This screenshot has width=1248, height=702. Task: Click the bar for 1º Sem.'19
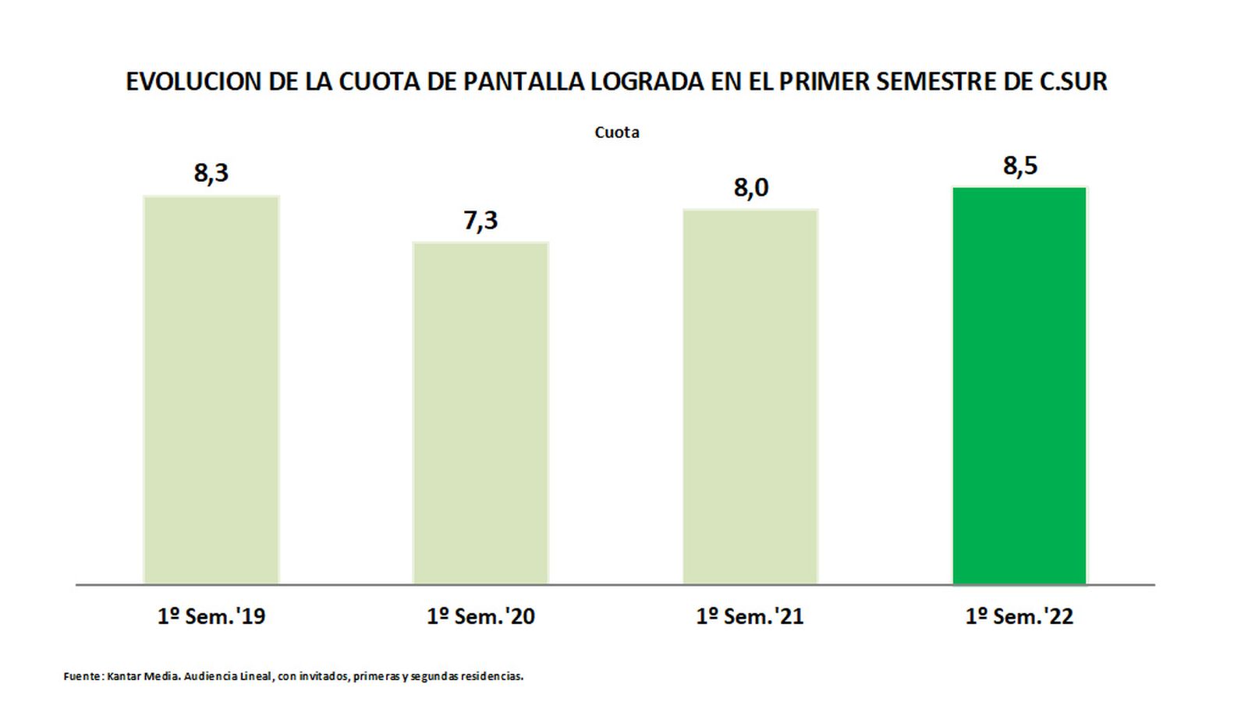(211, 390)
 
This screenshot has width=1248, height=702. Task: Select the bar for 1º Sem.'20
(480, 413)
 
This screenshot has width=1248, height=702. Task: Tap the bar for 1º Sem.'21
(750, 397)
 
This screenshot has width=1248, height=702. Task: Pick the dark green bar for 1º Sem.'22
(1019, 385)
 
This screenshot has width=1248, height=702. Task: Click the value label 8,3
(211, 172)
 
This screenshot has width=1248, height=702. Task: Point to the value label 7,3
(480, 220)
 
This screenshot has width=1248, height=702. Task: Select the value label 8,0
(750, 188)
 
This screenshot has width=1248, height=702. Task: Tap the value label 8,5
(1020, 165)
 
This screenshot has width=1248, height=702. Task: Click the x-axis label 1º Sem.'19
(211, 616)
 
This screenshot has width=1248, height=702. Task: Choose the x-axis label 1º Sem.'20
(480, 616)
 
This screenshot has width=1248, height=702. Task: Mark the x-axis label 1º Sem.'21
(750, 616)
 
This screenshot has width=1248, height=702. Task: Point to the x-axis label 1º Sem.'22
(1019, 616)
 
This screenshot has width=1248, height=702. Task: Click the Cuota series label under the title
(617, 133)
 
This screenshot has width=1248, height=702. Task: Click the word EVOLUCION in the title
(193, 81)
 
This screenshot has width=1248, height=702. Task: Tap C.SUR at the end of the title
(1073, 81)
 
